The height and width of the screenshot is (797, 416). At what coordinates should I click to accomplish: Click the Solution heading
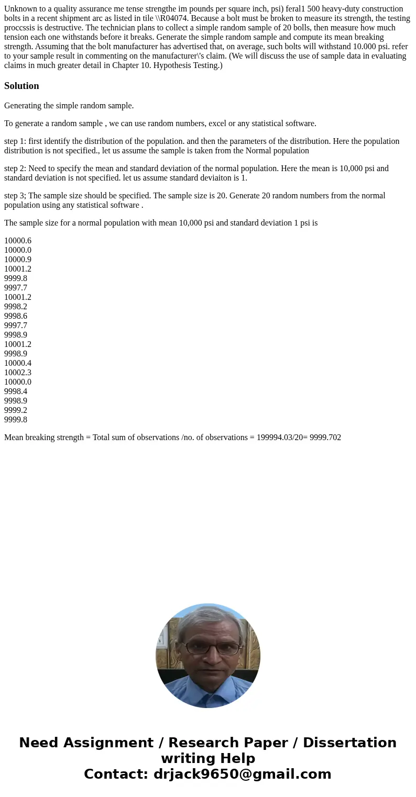pos(21,86)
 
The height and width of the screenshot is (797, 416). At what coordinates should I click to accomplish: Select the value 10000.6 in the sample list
pos(18,241)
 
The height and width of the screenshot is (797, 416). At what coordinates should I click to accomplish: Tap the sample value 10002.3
pos(18,373)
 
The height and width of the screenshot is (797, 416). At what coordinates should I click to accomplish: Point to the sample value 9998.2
pos(16,307)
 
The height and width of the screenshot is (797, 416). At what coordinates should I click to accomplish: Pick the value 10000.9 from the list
pos(18,260)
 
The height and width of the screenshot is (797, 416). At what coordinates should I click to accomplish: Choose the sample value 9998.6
pos(16,316)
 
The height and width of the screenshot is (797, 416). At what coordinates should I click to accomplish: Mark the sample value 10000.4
pos(18,363)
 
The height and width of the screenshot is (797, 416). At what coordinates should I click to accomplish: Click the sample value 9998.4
pos(16,391)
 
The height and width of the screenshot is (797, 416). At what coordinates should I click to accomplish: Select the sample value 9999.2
pos(16,410)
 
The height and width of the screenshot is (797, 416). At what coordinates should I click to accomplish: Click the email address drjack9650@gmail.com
pos(242,774)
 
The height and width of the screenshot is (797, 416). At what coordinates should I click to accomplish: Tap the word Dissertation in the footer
pos(349,743)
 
